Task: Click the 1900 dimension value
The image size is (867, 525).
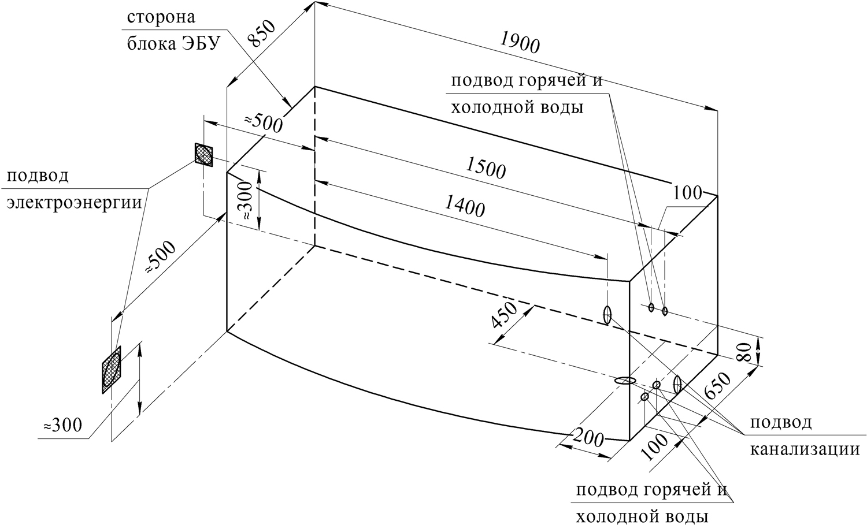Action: click(520, 42)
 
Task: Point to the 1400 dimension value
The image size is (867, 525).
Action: click(464, 206)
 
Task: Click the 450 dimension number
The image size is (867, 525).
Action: click(503, 314)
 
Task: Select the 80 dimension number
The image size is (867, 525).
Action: click(743, 352)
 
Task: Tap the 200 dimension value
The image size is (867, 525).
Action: click(588, 438)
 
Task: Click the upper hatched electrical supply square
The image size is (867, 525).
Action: click(203, 155)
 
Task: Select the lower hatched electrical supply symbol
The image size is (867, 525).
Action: click(112, 370)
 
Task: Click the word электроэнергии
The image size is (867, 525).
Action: click(75, 202)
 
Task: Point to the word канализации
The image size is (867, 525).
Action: click(805, 449)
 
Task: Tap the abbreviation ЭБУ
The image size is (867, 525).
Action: click(201, 43)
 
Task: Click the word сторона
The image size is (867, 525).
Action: click(161, 17)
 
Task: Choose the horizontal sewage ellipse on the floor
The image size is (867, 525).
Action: click(624, 381)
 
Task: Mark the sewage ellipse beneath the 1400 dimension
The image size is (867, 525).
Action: click(607, 315)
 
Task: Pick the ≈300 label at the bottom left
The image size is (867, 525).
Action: click(62, 425)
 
